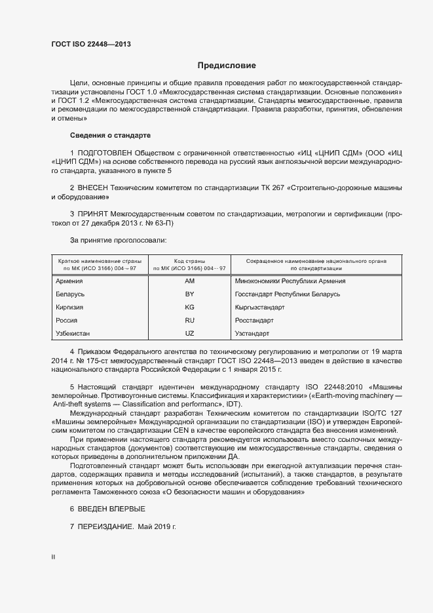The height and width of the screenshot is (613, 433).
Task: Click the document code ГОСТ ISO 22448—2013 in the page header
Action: pos(91,44)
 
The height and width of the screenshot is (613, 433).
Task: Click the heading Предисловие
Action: pos(227,66)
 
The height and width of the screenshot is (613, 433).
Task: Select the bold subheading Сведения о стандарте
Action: pos(110,136)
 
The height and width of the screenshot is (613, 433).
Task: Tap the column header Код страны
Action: pos(190,260)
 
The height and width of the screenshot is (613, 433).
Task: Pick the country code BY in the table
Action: pos(190,294)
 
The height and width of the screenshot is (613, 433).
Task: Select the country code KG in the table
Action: pos(190,307)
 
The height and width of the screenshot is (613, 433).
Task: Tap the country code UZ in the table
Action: pos(190,334)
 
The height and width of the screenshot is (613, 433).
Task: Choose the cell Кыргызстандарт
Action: pos(259,307)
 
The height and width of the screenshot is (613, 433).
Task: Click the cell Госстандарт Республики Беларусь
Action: pos(287,294)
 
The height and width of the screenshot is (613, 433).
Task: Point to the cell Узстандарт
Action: pos(252,334)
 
